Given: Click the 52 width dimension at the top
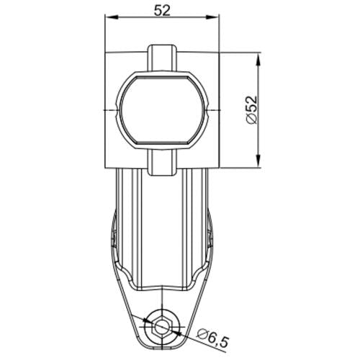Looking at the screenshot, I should click(x=163, y=11).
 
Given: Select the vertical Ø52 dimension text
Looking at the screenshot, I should click(x=251, y=109).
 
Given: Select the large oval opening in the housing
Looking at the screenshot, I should click(x=162, y=109).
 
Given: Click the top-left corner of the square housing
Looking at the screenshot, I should click(x=107, y=52).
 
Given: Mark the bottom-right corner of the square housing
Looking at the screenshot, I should click(x=218, y=166).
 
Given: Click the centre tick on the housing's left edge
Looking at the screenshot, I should click(x=107, y=109).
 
